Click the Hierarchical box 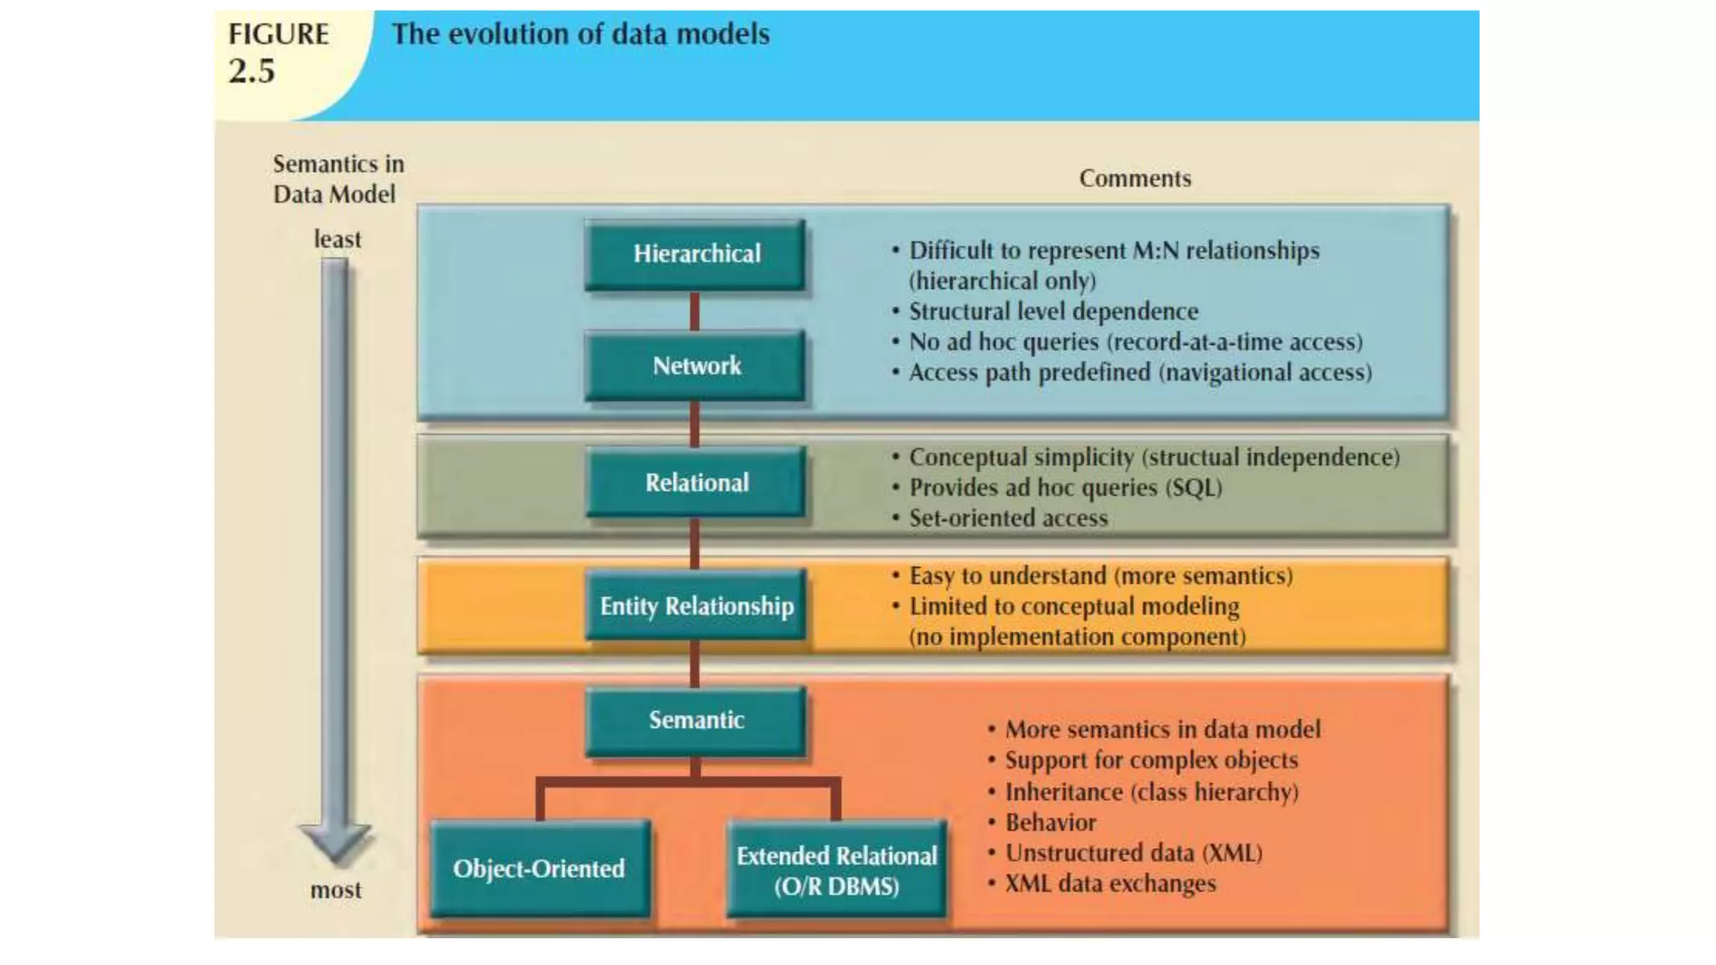695,255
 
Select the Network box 695,366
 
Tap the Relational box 695,482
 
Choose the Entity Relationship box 695,606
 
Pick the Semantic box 695,720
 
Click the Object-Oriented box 540,869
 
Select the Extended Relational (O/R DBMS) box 836,870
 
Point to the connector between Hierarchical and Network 695,312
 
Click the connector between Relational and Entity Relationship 695,544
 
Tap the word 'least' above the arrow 338,240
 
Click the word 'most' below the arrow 336,890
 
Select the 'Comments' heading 1135,178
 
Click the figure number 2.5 252,72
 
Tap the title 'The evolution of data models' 581,34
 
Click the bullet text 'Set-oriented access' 1009,519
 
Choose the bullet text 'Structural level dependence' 1054,312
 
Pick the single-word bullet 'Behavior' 1051,823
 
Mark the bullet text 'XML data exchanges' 1110,884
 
